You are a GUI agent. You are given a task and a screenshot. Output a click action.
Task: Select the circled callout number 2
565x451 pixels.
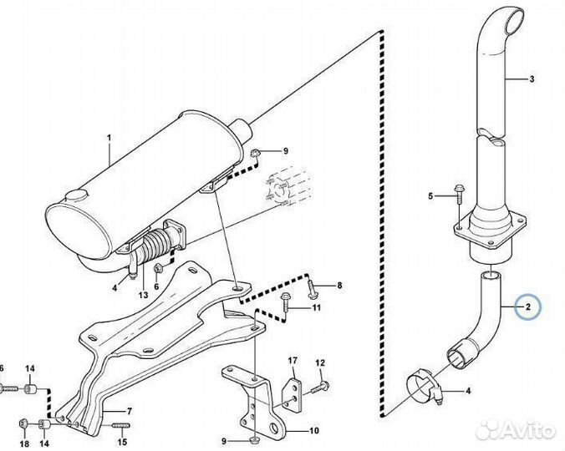click(528, 307)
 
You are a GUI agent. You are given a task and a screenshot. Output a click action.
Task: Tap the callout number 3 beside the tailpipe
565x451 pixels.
click(530, 80)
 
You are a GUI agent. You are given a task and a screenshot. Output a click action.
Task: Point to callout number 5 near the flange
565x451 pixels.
click(431, 196)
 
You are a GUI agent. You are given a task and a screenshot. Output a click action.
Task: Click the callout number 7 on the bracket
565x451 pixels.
click(130, 411)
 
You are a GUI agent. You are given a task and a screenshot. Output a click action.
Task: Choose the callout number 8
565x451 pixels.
click(339, 286)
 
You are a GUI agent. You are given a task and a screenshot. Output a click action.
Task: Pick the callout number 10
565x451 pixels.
click(313, 432)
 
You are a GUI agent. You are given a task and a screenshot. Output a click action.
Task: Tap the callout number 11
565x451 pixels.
click(317, 308)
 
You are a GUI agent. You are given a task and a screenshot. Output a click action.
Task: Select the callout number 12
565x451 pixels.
click(319, 362)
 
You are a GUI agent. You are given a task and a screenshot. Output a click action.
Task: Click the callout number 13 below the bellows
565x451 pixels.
click(143, 295)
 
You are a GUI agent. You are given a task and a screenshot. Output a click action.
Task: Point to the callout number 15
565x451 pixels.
click(122, 443)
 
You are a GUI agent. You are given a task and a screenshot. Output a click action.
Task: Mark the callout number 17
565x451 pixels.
click(293, 361)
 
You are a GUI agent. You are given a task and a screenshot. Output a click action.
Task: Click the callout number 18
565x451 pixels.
click(23, 443)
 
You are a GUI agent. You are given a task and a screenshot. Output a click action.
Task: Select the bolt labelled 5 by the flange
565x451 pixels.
click(458, 194)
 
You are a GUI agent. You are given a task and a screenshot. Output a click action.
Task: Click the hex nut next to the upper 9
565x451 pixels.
click(257, 153)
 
